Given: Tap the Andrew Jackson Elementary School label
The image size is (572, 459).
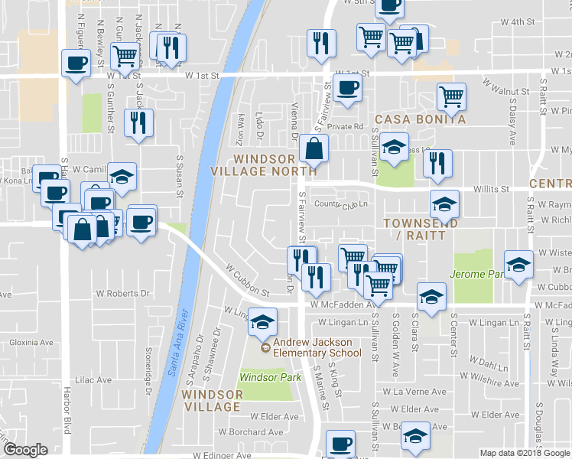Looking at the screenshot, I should coord(313,347).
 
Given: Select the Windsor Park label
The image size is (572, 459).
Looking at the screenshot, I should coord(265,377).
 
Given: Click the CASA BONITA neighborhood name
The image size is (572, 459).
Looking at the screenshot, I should coord(420,120).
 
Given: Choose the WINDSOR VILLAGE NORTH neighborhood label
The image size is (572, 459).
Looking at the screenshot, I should coord(264,164).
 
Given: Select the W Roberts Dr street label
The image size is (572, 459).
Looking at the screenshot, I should coord(122,293).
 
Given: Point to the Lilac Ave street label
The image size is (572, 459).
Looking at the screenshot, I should coord(94,379).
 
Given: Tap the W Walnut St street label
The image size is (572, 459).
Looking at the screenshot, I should coord(505,90).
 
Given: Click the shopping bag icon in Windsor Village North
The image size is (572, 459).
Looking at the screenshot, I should coord(314,148).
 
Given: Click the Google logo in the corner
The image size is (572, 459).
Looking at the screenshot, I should coord(26,450).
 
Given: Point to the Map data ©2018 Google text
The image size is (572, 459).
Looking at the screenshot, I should coord(525,453).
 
